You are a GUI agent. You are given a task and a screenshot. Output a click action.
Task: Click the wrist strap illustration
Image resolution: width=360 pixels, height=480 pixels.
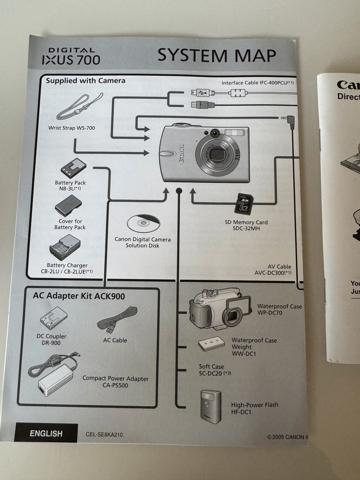pos(79,108)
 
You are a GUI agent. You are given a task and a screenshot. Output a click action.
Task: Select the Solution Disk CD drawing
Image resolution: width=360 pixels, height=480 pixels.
pos(143,223)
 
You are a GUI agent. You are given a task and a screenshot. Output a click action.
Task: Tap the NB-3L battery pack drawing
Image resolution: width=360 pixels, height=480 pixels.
pos(73,168)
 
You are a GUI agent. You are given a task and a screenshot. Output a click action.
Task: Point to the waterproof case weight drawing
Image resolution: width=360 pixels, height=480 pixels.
pos(211,344)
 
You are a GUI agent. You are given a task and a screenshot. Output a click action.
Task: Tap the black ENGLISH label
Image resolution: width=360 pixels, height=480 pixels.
pos(46,433)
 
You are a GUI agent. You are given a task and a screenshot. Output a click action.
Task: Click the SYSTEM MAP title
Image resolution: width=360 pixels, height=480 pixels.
pos(216,55)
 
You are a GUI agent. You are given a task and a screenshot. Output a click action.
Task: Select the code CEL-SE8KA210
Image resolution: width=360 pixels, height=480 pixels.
pos(104,435)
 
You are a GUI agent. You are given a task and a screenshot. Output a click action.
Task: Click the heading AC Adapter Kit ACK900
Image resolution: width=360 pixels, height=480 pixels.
pos(79,296)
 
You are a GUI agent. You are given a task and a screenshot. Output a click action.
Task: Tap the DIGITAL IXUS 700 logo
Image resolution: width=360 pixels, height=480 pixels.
pos(71,56)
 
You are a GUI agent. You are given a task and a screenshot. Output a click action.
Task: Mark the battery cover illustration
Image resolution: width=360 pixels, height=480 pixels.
pos(68,205)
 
